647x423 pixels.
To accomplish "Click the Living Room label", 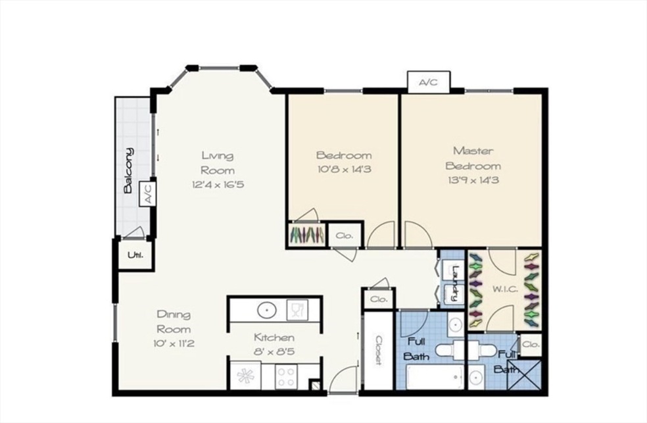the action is pyautogui.click(x=218, y=163).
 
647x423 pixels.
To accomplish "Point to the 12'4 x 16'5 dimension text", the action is pyautogui.click(x=218, y=184).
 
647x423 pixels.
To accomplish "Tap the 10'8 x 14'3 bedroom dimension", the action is pyautogui.click(x=344, y=169).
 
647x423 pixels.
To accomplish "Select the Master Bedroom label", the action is pyautogui.click(x=473, y=158).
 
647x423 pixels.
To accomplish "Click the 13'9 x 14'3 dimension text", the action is pyautogui.click(x=473, y=180).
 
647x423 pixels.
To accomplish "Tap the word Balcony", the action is pyautogui.click(x=129, y=170).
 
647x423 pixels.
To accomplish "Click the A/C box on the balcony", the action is pyautogui.click(x=148, y=193).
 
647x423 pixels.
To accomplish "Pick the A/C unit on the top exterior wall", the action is pyautogui.click(x=428, y=82).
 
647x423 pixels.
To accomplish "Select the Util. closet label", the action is pyautogui.click(x=135, y=255).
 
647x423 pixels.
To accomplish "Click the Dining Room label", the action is pyautogui.click(x=174, y=322).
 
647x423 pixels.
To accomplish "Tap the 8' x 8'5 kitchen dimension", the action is pyautogui.click(x=274, y=352).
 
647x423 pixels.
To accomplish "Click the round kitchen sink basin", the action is pyautogui.click(x=267, y=309).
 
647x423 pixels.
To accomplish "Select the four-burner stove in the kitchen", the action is pyautogui.click(x=285, y=376).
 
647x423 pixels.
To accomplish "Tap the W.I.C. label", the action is pyautogui.click(x=504, y=289).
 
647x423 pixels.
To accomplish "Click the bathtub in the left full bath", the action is pyautogui.click(x=435, y=376).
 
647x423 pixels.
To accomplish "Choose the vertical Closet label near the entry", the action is pyautogui.click(x=378, y=351).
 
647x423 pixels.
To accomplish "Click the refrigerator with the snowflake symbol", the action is pyautogui.click(x=246, y=376).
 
